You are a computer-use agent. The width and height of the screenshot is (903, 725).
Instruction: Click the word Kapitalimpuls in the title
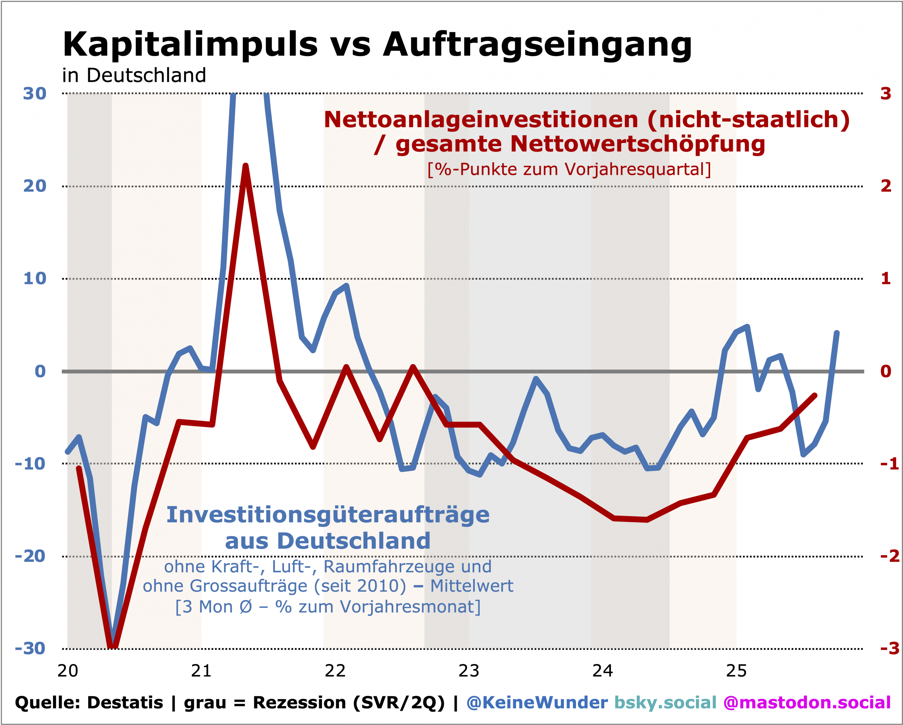[x=190, y=45]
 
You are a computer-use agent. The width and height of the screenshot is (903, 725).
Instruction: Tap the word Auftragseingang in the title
[x=537, y=45]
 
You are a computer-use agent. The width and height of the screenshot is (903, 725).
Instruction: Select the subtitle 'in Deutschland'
[x=134, y=76]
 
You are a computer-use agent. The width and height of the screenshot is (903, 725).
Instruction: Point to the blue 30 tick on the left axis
[x=34, y=94]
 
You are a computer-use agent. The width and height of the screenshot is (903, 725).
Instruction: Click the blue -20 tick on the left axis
[x=30, y=556]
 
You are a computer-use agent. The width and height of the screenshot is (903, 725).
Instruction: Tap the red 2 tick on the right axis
[x=885, y=186]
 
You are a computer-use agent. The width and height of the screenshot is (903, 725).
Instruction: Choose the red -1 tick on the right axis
[x=889, y=464]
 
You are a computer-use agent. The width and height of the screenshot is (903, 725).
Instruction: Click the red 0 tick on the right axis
[x=885, y=371]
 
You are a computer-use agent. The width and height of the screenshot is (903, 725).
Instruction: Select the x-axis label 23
[x=469, y=671]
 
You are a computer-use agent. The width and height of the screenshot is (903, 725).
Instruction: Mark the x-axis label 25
[x=736, y=671]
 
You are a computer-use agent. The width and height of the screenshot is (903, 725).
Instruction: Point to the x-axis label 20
[x=68, y=671]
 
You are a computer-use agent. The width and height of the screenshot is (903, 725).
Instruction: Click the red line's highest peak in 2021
[x=246, y=166]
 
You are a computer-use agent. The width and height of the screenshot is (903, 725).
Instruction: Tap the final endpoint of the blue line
[x=836, y=333]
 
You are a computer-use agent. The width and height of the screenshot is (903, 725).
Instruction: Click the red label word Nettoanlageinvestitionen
[x=481, y=120]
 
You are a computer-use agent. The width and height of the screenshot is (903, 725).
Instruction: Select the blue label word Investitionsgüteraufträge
[x=328, y=515]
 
